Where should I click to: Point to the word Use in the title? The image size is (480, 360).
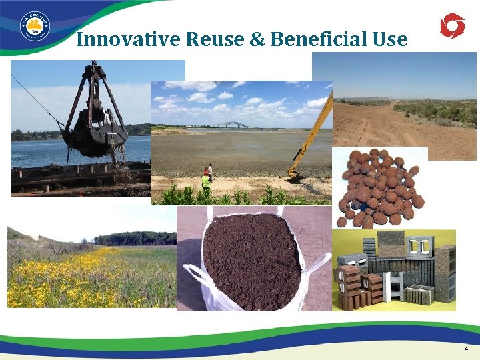[x=389, y=39]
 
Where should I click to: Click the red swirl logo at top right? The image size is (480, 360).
[x=452, y=26]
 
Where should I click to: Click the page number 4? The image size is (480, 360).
[x=466, y=349]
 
